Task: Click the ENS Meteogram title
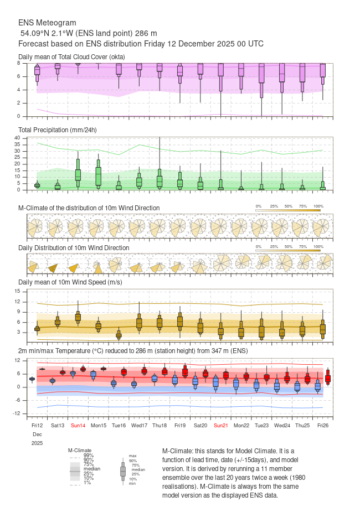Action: (x=47, y=23)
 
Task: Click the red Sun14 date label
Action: (x=78, y=426)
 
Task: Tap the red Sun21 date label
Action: (x=220, y=426)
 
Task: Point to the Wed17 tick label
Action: (x=139, y=426)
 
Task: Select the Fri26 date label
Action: (x=323, y=426)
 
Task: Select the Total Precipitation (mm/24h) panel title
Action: (x=58, y=130)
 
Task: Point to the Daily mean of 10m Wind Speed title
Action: (x=70, y=282)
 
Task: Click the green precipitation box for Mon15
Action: (x=98, y=176)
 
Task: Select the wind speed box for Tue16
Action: (x=119, y=334)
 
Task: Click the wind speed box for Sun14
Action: (x=78, y=317)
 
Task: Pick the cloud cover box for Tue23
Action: (x=261, y=75)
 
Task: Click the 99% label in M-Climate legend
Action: (x=89, y=455)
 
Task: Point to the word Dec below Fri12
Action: (x=37, y=434)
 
